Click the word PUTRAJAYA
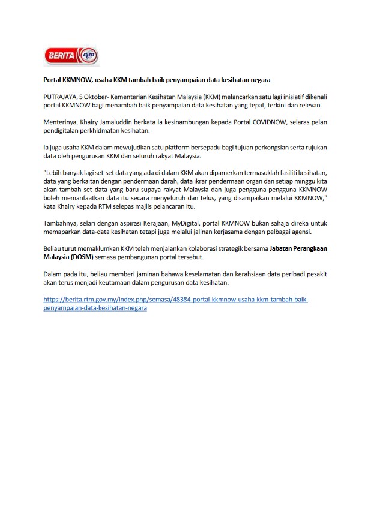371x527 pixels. (59, 96)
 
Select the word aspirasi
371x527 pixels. (136, 223)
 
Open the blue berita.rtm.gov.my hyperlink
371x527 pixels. (175, 299)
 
